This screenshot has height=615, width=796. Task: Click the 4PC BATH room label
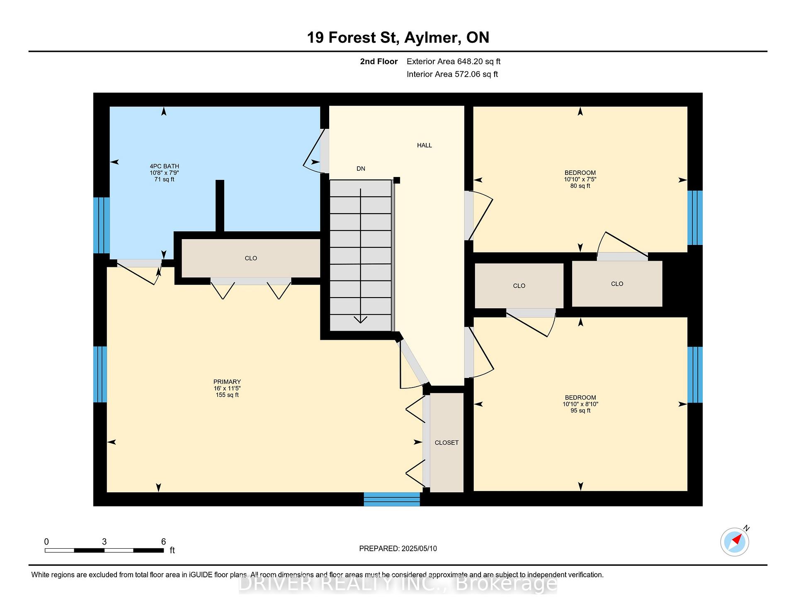tap(165, 166)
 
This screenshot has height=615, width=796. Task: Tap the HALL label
tap(425, 145)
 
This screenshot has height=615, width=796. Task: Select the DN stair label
tap(361, 169)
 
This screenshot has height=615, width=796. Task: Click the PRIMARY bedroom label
tap(227, 382)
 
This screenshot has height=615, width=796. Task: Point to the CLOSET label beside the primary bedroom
tap(447, 443)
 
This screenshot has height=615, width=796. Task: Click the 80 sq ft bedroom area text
tap(580, 186)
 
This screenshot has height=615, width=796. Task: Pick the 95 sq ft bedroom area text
tap(580, 411)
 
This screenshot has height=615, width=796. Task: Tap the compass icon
tap(735, 542)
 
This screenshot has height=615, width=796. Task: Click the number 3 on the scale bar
tap(104, 542)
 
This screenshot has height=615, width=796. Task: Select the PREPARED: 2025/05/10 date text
tap(398, 549)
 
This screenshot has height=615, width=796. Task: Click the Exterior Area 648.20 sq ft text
tap(454, 62)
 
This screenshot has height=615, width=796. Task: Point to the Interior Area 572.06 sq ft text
tap(452, 75)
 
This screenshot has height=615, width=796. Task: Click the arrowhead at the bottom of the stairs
tap(361, 320)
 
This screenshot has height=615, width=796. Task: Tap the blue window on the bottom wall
tap(392, 499)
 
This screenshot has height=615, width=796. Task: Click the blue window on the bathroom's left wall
tap(102, 225)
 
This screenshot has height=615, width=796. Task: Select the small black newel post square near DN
tap(397, 180)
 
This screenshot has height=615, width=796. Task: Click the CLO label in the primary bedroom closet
tap(251, 258)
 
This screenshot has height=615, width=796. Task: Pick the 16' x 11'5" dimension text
tap(227, 388)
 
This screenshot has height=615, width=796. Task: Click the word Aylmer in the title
tap(432, 38)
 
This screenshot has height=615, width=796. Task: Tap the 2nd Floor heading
tap(379, 62)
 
